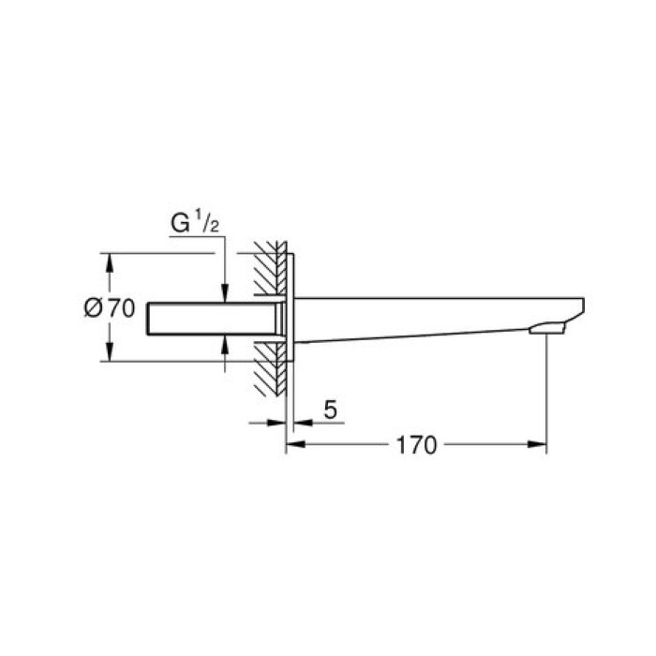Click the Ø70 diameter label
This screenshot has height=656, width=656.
click(111, 307)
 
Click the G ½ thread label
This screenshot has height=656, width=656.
click(195, 225)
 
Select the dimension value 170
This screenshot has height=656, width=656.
click(416, 445)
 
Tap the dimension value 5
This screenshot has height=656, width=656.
click(330, 410)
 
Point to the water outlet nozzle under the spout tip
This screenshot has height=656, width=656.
click(547, 327)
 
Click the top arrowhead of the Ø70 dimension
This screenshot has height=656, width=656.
click(110, 261)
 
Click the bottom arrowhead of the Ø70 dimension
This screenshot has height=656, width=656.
click(110, 353)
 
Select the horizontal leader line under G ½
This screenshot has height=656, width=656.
click(197, 237)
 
